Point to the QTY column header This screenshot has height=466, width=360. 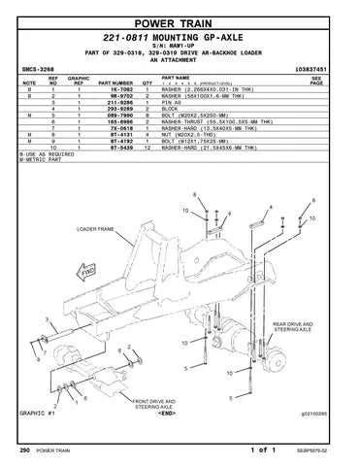point(148,84)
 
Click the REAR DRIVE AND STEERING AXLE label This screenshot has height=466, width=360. point(293,327)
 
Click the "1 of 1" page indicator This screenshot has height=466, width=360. point(263,449)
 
